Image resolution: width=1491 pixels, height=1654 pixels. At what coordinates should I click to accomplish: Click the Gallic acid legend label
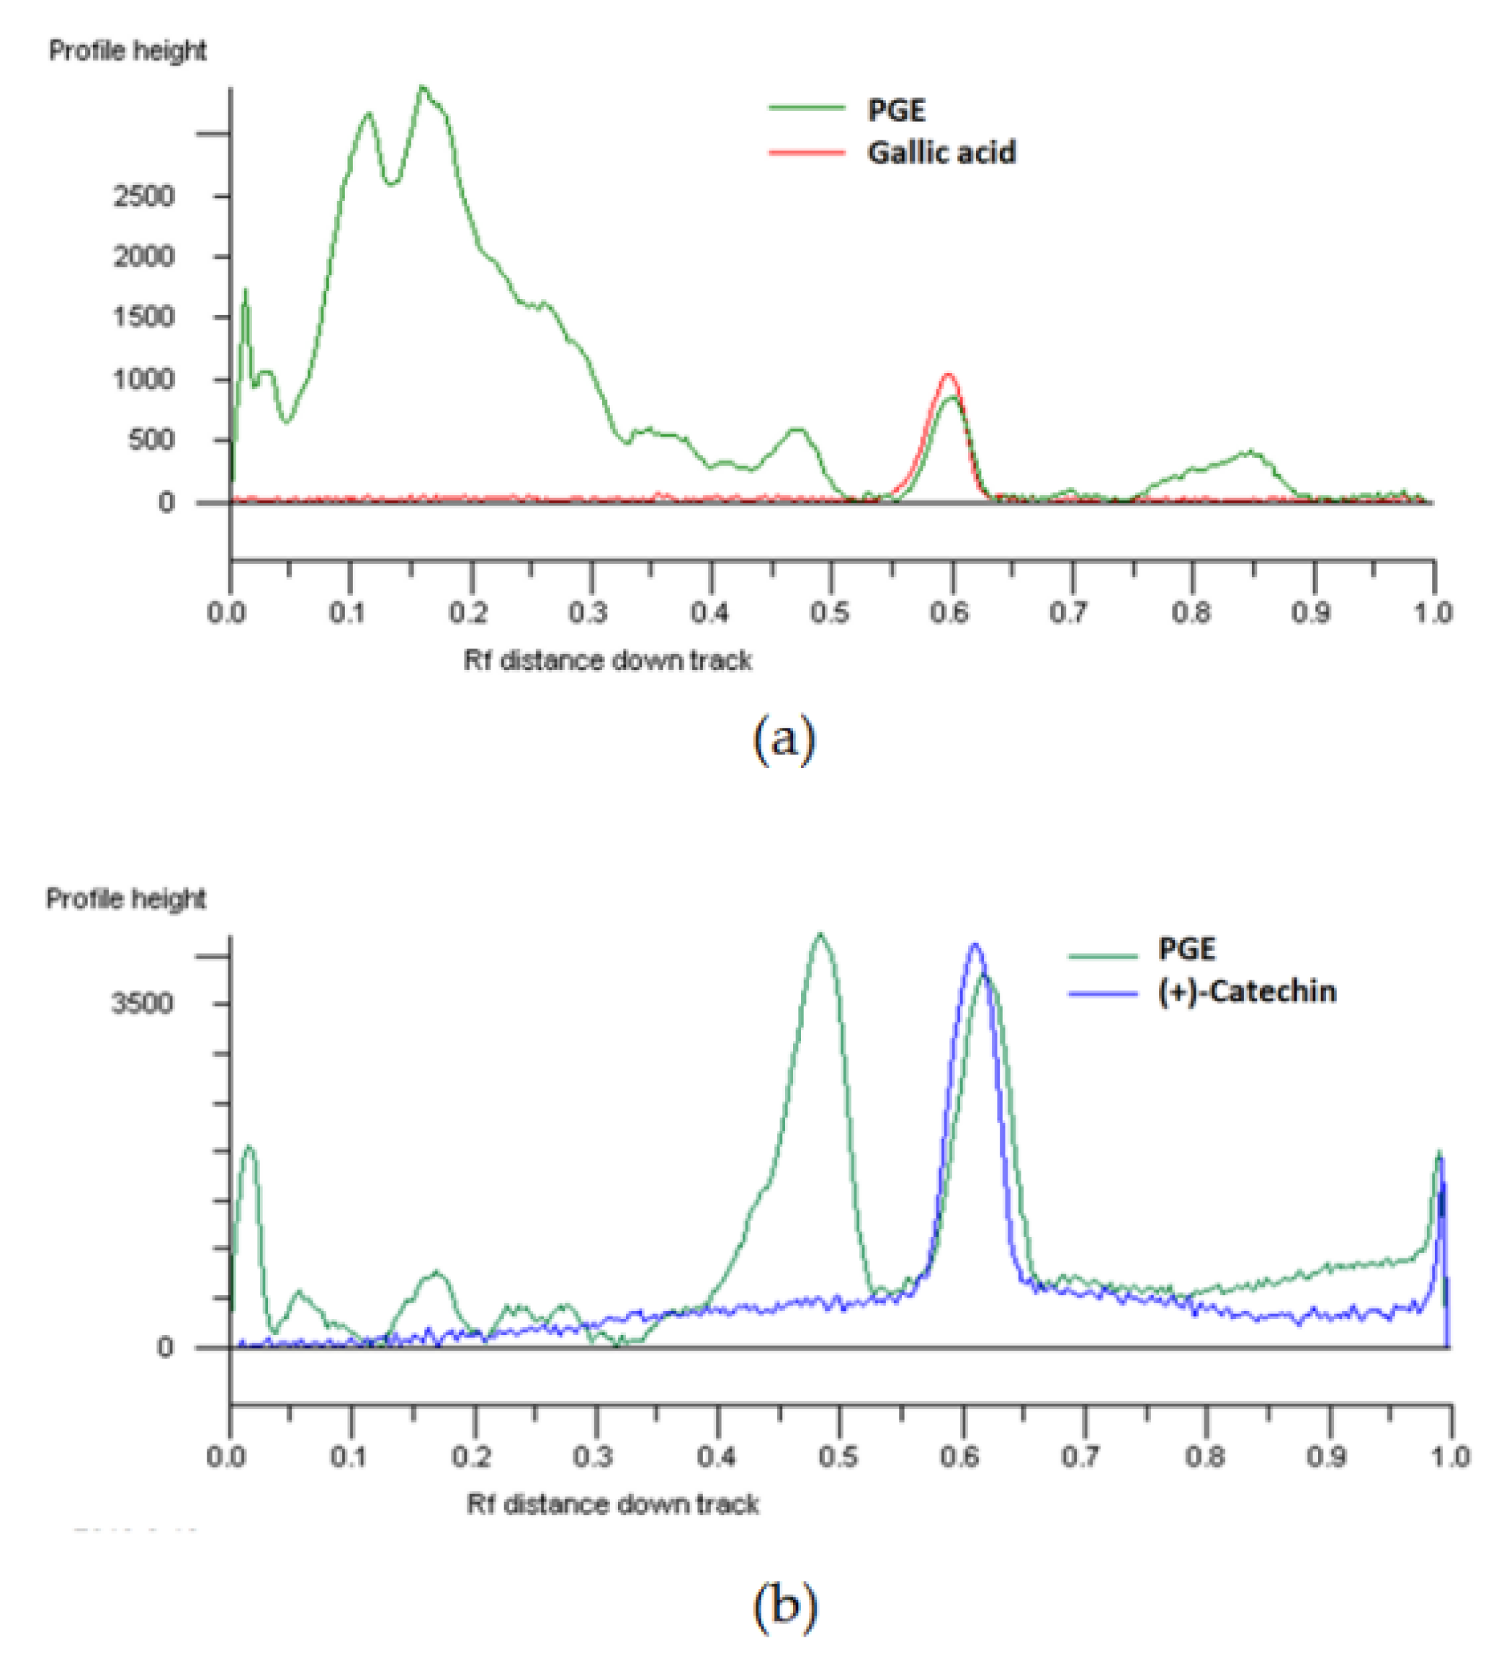point(941,153)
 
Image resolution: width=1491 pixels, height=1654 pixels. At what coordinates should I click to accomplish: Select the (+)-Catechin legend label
point(1247,991)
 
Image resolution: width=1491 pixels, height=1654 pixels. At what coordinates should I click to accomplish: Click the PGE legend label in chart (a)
point(896,109)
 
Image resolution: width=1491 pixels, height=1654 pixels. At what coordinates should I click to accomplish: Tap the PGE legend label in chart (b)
point(1186,949)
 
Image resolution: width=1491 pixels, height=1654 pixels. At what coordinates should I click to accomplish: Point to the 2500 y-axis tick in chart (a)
point(143,197)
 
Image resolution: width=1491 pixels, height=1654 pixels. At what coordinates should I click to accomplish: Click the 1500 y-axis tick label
point(143,317)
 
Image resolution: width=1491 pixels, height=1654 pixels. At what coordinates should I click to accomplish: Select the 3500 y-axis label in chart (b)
point(142,1003)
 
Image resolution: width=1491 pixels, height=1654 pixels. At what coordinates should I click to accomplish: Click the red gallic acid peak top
point(949,375)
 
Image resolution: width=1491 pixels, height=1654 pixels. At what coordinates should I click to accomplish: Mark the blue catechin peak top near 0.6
point(974,944)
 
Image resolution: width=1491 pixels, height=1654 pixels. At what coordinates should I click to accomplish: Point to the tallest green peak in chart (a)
point(422,87)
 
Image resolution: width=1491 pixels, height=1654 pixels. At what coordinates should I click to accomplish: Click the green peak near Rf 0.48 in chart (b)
point(820,935)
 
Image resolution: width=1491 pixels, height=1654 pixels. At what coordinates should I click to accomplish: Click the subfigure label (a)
point(784,738)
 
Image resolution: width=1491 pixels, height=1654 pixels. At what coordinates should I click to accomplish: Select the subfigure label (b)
point(784,1606)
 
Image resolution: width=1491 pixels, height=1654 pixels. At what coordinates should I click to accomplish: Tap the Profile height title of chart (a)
point(127,51)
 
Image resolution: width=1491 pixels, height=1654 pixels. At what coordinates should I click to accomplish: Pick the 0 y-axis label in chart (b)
point(166,1348)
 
